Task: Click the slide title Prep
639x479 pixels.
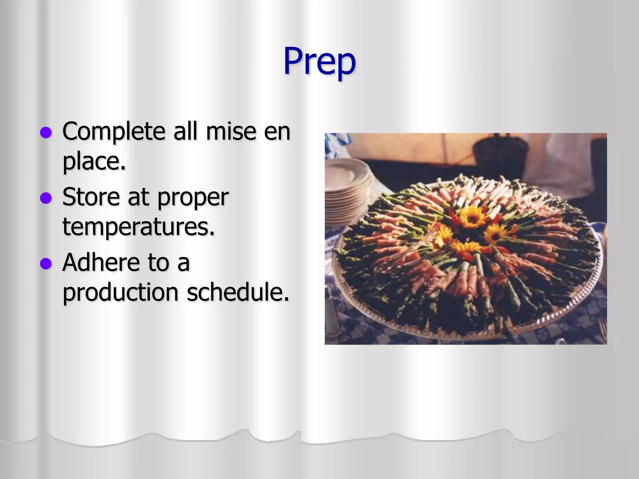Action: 319,61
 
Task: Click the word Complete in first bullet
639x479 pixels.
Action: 114,131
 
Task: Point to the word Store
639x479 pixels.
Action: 91,197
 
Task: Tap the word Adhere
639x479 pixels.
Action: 100,263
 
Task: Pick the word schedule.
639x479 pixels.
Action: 238,292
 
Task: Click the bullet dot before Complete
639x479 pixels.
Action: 46,133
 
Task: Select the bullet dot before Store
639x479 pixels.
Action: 46,198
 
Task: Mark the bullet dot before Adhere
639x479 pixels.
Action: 46,264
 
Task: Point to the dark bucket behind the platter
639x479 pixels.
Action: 499,156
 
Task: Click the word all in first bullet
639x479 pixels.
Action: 185,131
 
